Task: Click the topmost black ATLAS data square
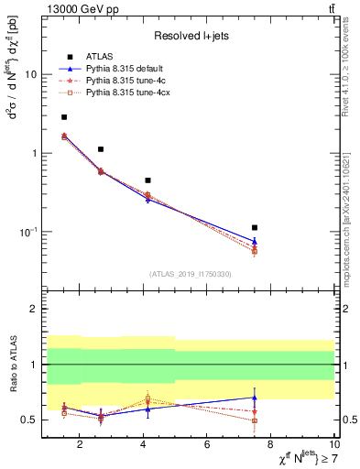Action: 64,117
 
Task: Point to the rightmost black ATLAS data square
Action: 255,227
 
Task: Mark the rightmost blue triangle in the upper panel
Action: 255,241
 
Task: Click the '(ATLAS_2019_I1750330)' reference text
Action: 190,274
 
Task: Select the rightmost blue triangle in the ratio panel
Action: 255,398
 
